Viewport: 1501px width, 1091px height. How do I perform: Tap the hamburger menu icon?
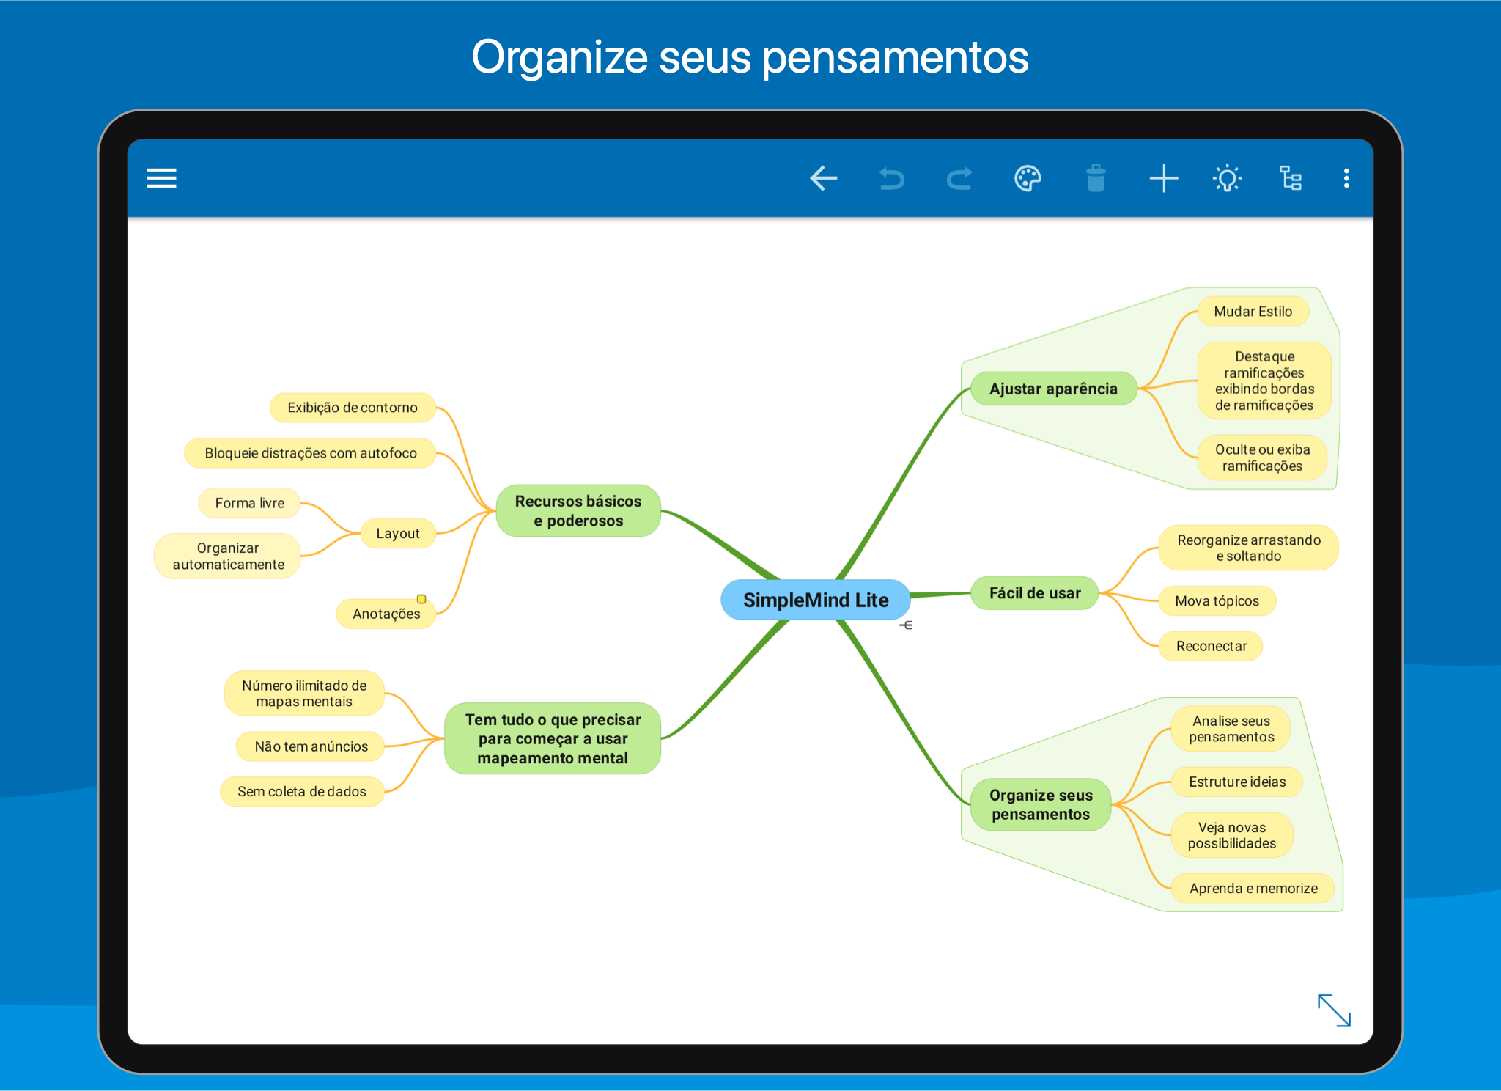tap(161, 178)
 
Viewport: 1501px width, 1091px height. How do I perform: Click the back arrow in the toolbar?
tap(823, 178)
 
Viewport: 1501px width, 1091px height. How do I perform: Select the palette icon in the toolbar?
tap(1028, 178)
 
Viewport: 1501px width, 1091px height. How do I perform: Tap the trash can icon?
tap(1096, 178)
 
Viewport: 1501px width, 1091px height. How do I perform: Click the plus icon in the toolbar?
tap(1163, 178)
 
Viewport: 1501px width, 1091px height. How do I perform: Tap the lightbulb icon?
tap(1227, 178)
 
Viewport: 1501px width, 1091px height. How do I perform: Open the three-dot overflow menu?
tap(1346, 178)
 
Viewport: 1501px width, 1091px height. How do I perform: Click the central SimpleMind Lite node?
tap(816, 600)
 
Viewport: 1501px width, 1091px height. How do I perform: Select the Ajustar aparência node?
tap(1053, 389)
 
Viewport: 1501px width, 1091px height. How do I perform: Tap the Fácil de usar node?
tap(1035, 593)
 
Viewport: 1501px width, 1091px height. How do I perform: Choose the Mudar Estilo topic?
tap(1253, 311)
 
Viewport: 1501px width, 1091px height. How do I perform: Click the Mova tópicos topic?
tap(1217, 601)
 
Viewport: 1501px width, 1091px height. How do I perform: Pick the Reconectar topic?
tap(1211, 646)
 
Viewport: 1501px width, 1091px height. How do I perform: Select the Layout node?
tap(398, 533)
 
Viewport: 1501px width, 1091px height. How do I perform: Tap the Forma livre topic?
tap(249, 503)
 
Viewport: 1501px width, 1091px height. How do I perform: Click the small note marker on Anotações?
tap(421, 599)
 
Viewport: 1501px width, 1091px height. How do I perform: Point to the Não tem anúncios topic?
tap(311, 746)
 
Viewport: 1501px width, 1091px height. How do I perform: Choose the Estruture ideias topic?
tap(1237, 782)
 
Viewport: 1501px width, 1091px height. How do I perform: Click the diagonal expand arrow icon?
tap(1334, 1010)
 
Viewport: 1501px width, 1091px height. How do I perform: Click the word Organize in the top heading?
tap(560, 58)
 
